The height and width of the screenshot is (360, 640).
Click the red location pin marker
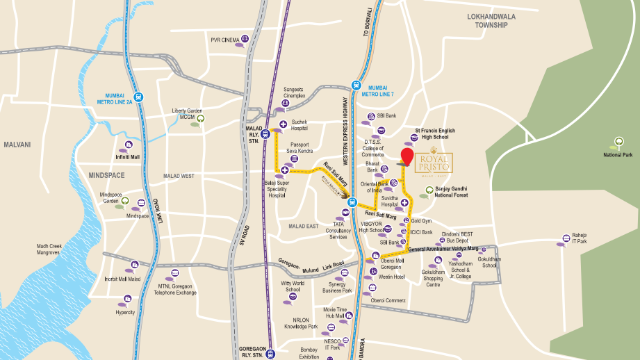click(407, 156)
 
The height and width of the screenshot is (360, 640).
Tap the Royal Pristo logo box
click(434, 164)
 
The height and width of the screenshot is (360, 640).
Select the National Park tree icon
click(616, 143)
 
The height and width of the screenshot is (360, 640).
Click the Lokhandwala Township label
click(492, 19)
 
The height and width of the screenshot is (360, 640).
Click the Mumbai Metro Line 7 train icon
click(356, 86)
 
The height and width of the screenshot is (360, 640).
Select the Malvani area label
click(17, 145)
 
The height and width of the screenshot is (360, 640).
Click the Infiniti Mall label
click(127, 157)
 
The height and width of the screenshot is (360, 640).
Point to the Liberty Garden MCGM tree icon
click(201, 118)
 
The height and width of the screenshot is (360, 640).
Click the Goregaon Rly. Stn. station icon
click(271, 352)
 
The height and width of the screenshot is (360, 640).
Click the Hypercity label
click(125, 312)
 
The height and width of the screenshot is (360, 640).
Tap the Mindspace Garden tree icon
click(124, 202)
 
